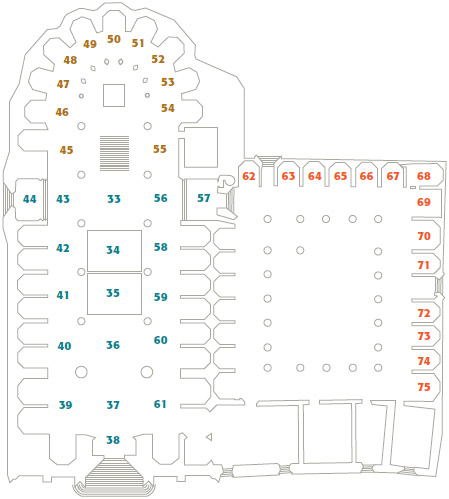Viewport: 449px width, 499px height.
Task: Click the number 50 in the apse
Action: coord(114,39)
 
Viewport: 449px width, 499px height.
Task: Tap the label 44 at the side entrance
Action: coord(30,199)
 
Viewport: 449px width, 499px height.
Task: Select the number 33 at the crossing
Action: coord(114,199)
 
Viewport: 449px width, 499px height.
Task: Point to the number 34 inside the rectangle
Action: coord(113,250)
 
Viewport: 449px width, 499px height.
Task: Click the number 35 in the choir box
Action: coord(113,293)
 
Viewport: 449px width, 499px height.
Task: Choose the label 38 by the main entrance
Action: coord(113,440)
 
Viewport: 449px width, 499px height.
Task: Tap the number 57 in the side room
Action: coord(204,198)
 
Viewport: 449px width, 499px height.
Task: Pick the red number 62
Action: coord(249,176)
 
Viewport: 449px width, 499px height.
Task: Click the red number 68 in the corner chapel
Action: coord(424,176)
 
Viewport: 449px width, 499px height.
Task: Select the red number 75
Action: coord(424,387)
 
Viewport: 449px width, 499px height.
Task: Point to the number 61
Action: coord(160,404)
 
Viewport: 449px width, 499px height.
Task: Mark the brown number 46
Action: coord(62,112)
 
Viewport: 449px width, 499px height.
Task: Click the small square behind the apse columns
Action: coord(114,95)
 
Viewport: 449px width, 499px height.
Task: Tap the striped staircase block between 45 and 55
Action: coord(115,153)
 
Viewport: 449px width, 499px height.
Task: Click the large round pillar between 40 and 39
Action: coord(81,372)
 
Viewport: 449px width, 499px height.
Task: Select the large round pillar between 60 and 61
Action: coord(147,372)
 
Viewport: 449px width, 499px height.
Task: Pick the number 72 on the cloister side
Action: coord(424,313)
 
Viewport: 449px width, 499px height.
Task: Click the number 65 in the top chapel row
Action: coord(340,176)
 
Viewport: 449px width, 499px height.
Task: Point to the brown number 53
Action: coord(168,82)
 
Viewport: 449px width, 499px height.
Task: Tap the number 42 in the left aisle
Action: coord(63,248)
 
